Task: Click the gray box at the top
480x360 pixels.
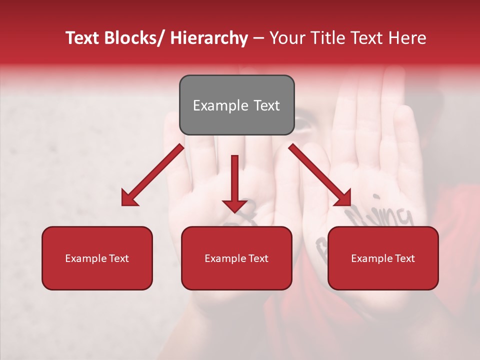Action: point(236,105)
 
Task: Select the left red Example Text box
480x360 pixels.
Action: point(97,258)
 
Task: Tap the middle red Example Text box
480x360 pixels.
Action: point(236,258)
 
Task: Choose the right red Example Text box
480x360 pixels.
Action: point(383,258)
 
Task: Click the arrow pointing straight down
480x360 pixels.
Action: point(234,182)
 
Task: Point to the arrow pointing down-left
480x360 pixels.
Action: point(152,175)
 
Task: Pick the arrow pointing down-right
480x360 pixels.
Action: point(320,175)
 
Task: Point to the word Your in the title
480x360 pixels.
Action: point(286,38)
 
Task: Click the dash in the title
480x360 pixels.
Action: point(258,39)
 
